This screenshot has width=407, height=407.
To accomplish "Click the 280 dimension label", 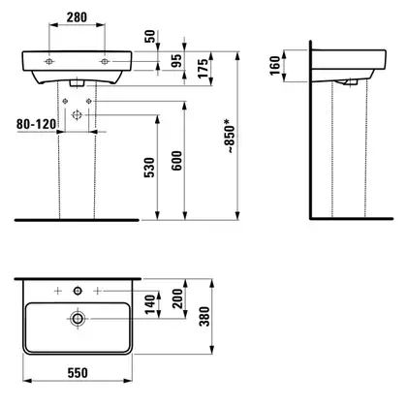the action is pyautogui.click(x=77, y=17).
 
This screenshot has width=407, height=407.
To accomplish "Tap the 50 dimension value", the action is pyautogui.click(x=150, y=37).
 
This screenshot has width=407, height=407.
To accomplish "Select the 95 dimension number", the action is pyautogui.click(x=176, y=61).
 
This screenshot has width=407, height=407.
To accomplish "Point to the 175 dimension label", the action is pyautogui.click(x=203, y=68).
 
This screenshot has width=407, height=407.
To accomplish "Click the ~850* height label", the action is pyautogui.click(x=230, y=136).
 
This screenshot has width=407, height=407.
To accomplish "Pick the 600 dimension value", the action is pyautogui.click(x=176, y=161).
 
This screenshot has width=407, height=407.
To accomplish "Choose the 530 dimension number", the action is pyautogui.click(x=149, y=168).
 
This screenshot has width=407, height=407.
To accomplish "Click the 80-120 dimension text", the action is pyautogui.click(x=36, y=124).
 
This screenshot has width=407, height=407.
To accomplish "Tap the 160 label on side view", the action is pyautogui.click(x=275, y=66).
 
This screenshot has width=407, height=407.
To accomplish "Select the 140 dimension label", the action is pyautogui.click(x=150, y=304).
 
